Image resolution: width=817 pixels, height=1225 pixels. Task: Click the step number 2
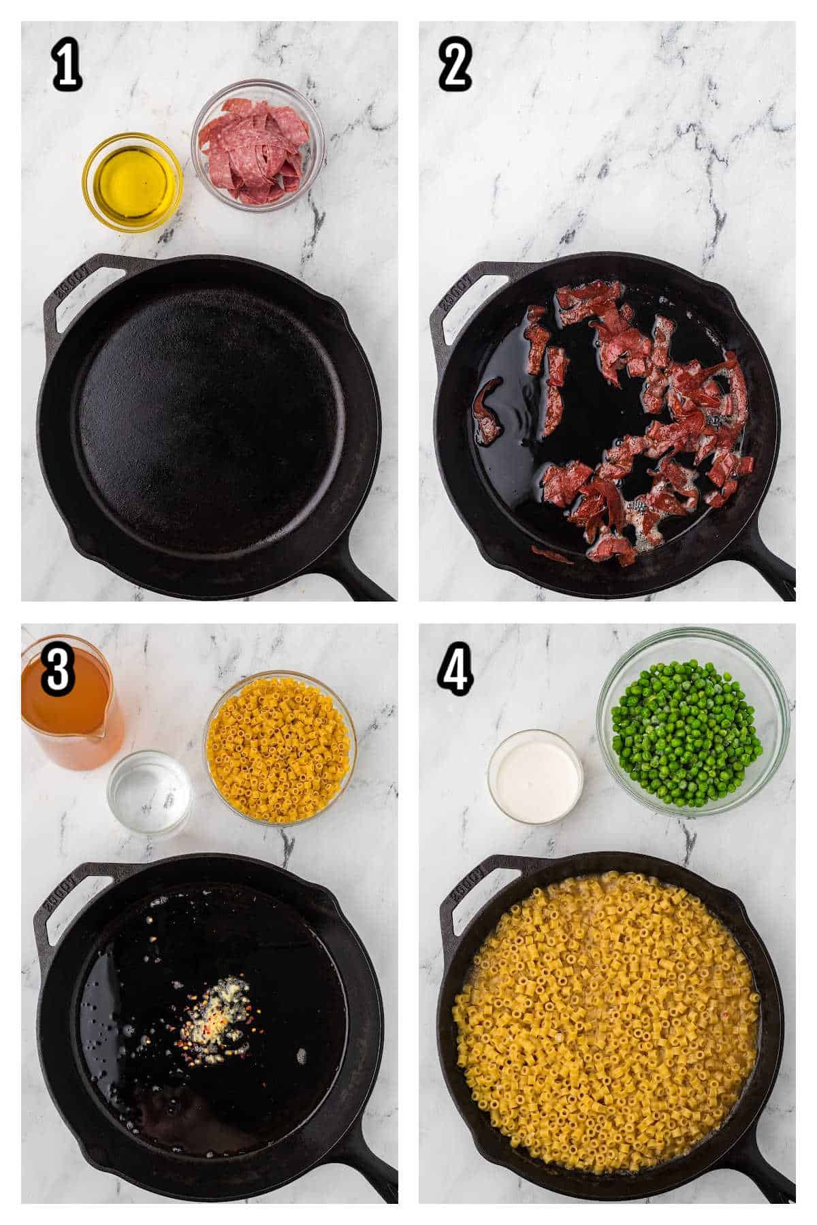(x=455, y=67)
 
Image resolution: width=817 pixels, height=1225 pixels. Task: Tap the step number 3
(x=57, y=669)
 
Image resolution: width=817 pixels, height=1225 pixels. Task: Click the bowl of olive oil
(x=132, y=182)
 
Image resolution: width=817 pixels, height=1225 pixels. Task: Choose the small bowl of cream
(x=535, y=775)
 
